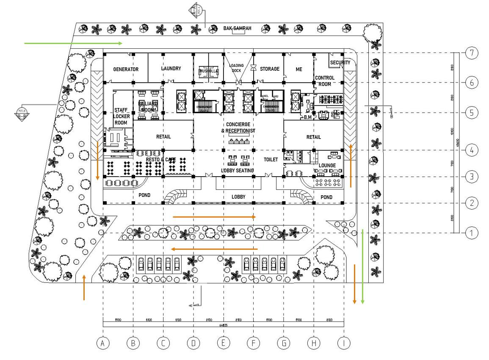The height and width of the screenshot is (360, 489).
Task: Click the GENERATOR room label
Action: [126, 69]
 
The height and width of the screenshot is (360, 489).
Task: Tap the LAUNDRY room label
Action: [171, 68]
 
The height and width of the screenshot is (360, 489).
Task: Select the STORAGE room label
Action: [270, 69]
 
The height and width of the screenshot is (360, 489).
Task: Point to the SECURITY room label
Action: [340, 63]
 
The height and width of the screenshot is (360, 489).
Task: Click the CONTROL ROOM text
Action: [325, 81]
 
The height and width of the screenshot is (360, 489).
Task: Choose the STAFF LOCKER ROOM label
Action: [121, 116]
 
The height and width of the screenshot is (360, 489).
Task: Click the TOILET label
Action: [271, 160]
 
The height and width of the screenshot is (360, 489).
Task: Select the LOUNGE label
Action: [327, 165]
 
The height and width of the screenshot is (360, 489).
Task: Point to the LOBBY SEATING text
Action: [237, 170]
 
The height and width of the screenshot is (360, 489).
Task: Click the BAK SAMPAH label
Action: [238, 29]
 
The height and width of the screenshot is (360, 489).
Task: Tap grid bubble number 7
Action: [472, 53]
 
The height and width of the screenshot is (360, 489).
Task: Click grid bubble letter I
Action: [344, 343]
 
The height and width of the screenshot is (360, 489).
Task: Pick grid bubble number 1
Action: [472, 233]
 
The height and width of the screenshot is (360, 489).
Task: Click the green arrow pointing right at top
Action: [73, 43]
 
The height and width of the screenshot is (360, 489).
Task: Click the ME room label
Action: [299, 69]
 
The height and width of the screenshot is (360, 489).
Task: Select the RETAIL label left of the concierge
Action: [163, 136]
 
